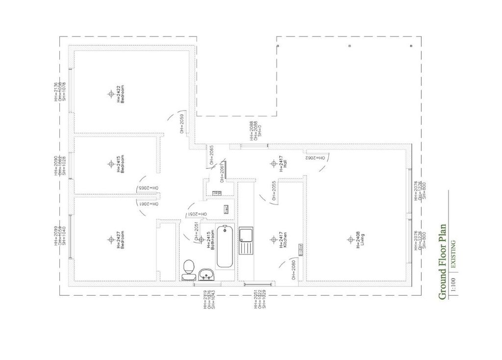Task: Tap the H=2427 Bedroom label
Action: pos(121,239)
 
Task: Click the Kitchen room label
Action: pos(283,240)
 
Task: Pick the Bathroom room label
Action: pos(211,239)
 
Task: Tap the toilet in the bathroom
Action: pos(187,270)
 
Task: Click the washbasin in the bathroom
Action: pos(206,275)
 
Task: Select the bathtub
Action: pos(225,246)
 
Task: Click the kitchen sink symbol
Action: pos(246,240)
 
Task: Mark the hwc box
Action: pos(226,209)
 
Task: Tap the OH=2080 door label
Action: pos(293,269)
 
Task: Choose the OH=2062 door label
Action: pos(316,158)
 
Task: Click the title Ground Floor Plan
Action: pos(442,262)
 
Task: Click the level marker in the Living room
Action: pos(350,239)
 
